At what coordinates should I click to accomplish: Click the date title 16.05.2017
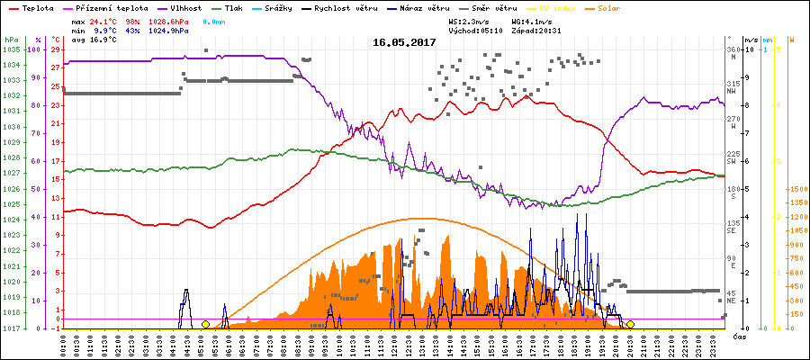tap(404, 42)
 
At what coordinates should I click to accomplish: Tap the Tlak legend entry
tap(257, 8)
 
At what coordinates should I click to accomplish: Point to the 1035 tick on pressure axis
tap(11, 49)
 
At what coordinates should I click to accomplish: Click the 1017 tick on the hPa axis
tap(11, 328)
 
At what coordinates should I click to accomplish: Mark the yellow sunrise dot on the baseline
tap(205, 324)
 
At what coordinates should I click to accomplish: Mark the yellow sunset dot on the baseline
tap(631, 324)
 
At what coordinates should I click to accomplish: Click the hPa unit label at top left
tap(11, 40)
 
